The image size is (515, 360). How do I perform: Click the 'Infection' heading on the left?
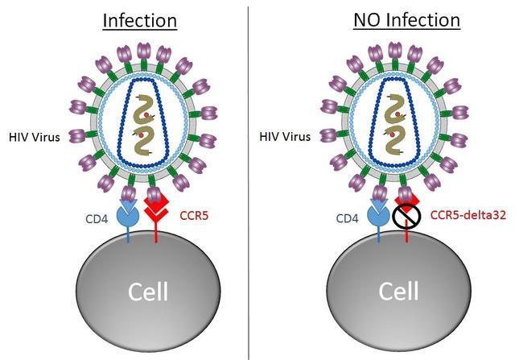(x=140, y=20)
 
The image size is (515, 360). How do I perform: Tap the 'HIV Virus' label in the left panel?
(x=34, y=137)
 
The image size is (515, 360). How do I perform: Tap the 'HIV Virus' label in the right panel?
(x=285, y=136)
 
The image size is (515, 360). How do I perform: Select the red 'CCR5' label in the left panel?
(x=194, y=216)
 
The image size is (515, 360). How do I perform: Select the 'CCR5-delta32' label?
(x=468, y=215)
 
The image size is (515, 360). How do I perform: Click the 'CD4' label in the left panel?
(x=97, y=218)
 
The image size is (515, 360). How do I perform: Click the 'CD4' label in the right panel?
(x=347, y=218)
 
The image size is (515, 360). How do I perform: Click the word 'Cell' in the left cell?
(x=148, y=292)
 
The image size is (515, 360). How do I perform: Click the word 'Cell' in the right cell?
(x=398, y=291)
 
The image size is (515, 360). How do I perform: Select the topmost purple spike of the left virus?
(x=143, y=52)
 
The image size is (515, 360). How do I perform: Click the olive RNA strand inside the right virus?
(x=394, y=124)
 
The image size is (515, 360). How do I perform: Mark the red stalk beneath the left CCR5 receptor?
(x=156, y=235)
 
